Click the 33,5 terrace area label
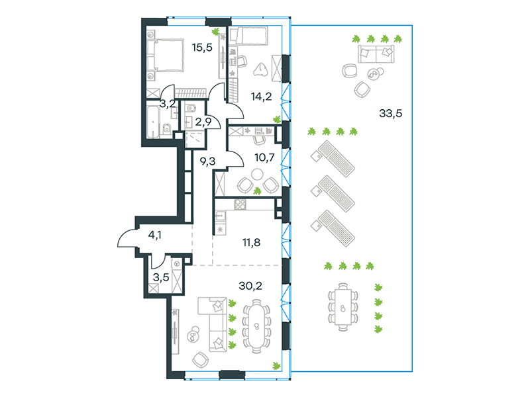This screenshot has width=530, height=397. click(x=390, y=113)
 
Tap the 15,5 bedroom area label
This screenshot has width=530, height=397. click(x=202, y=48)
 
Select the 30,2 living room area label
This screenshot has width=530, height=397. click(x=250, y=286)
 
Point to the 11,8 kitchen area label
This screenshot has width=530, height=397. click(x=251, y=242)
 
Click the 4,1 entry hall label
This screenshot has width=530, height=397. click(x=155, y=235)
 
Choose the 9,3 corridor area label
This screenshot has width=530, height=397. click(x=207, y=161)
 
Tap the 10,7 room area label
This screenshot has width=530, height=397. click(x=264, y=157)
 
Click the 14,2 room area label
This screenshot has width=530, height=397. click(x=261, y=97)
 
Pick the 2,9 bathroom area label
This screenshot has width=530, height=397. click(x=203, y=122)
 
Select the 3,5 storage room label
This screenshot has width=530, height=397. click(x=161, y=277)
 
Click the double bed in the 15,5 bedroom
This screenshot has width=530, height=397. click(x=166, y=56)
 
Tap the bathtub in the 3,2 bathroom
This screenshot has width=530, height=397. click(x=153, y=121)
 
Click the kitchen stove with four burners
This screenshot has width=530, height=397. click(x=240, y=204)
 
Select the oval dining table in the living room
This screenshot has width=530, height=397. click(x=256, y=326)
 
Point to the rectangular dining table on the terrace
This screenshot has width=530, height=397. click(x=343, y=306)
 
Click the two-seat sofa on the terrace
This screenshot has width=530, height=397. click(x=376, y=54)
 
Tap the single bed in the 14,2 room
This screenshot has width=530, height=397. click(x=248, y=36)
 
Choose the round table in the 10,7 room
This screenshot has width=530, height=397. click(x=257, y=175)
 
